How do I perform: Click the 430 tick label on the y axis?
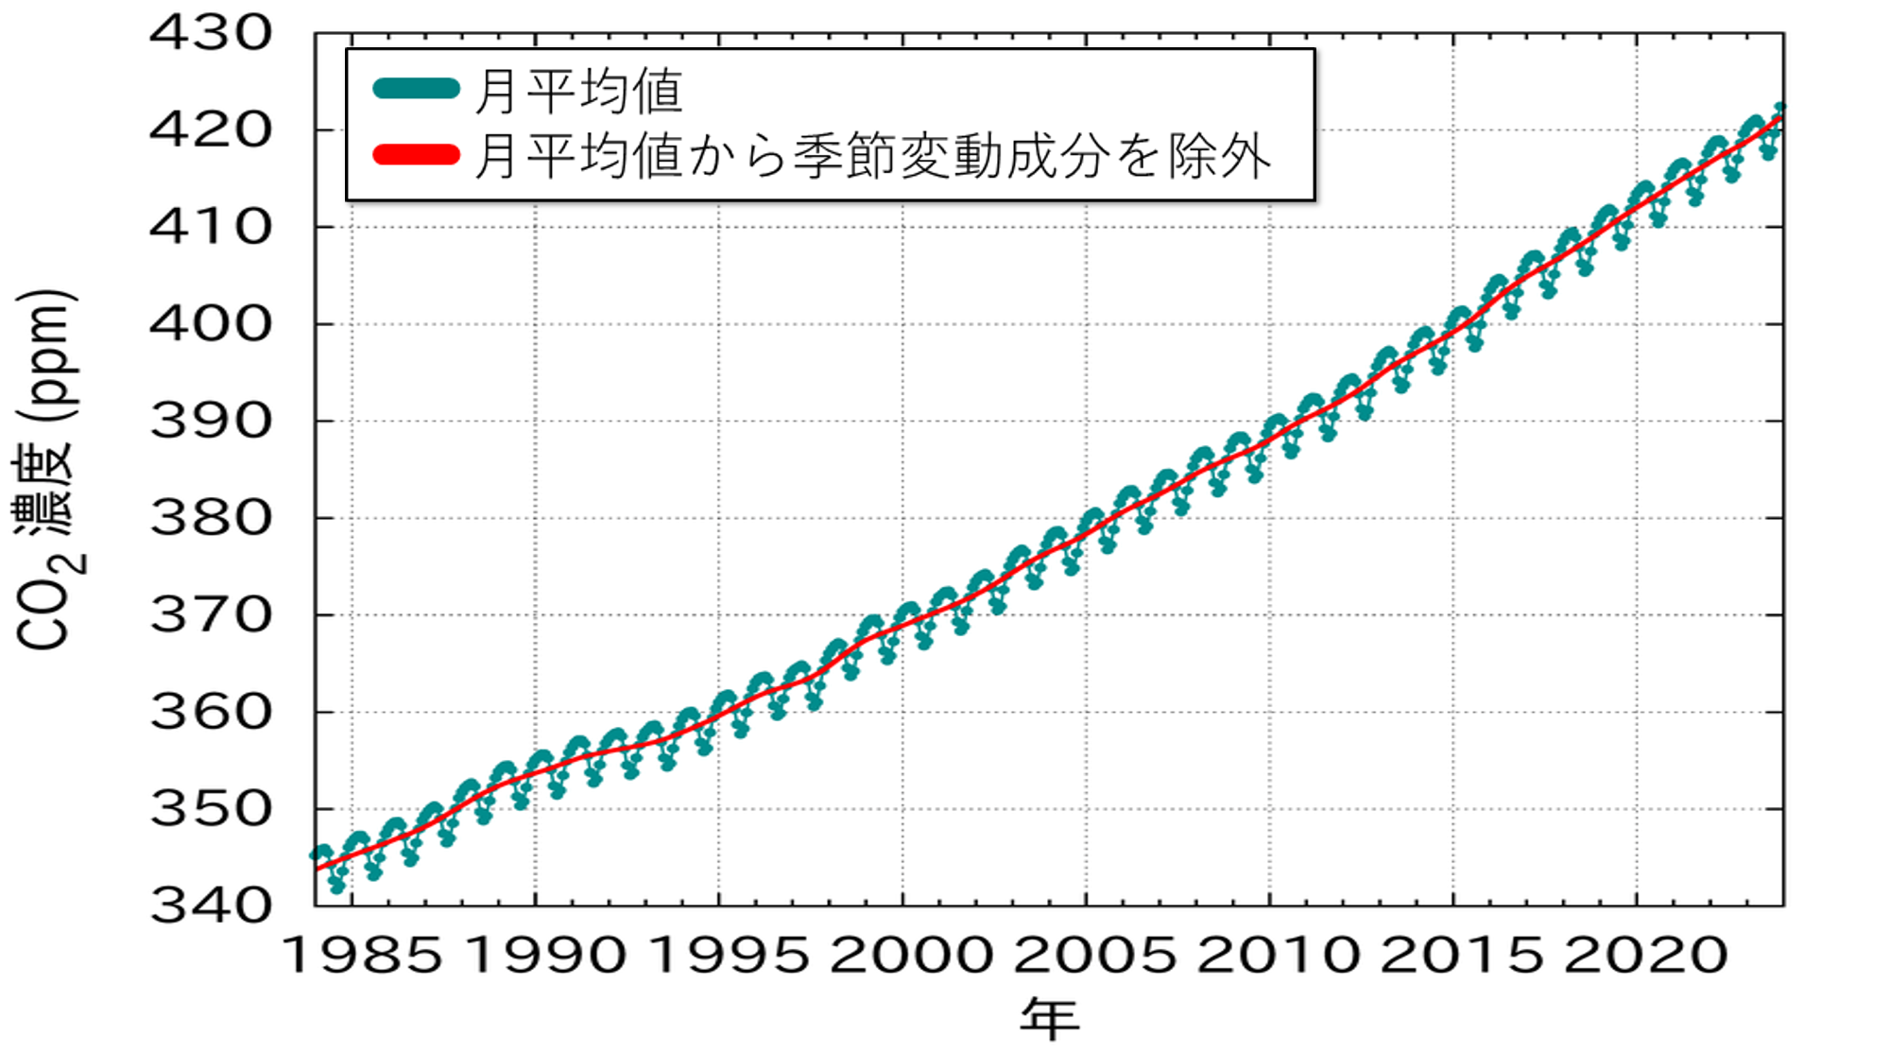coord(211,34)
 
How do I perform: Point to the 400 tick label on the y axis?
coord(211,325)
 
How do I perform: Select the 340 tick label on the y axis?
coord(211,906)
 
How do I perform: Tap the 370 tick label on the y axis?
coord(211,616)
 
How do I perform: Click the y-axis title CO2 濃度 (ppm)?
coord(45,470)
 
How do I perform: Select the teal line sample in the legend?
coord(416,90)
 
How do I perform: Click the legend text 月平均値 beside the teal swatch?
coord(578,91)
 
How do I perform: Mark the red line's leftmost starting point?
coord(317,869)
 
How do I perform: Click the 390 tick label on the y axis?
coord(211,422)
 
